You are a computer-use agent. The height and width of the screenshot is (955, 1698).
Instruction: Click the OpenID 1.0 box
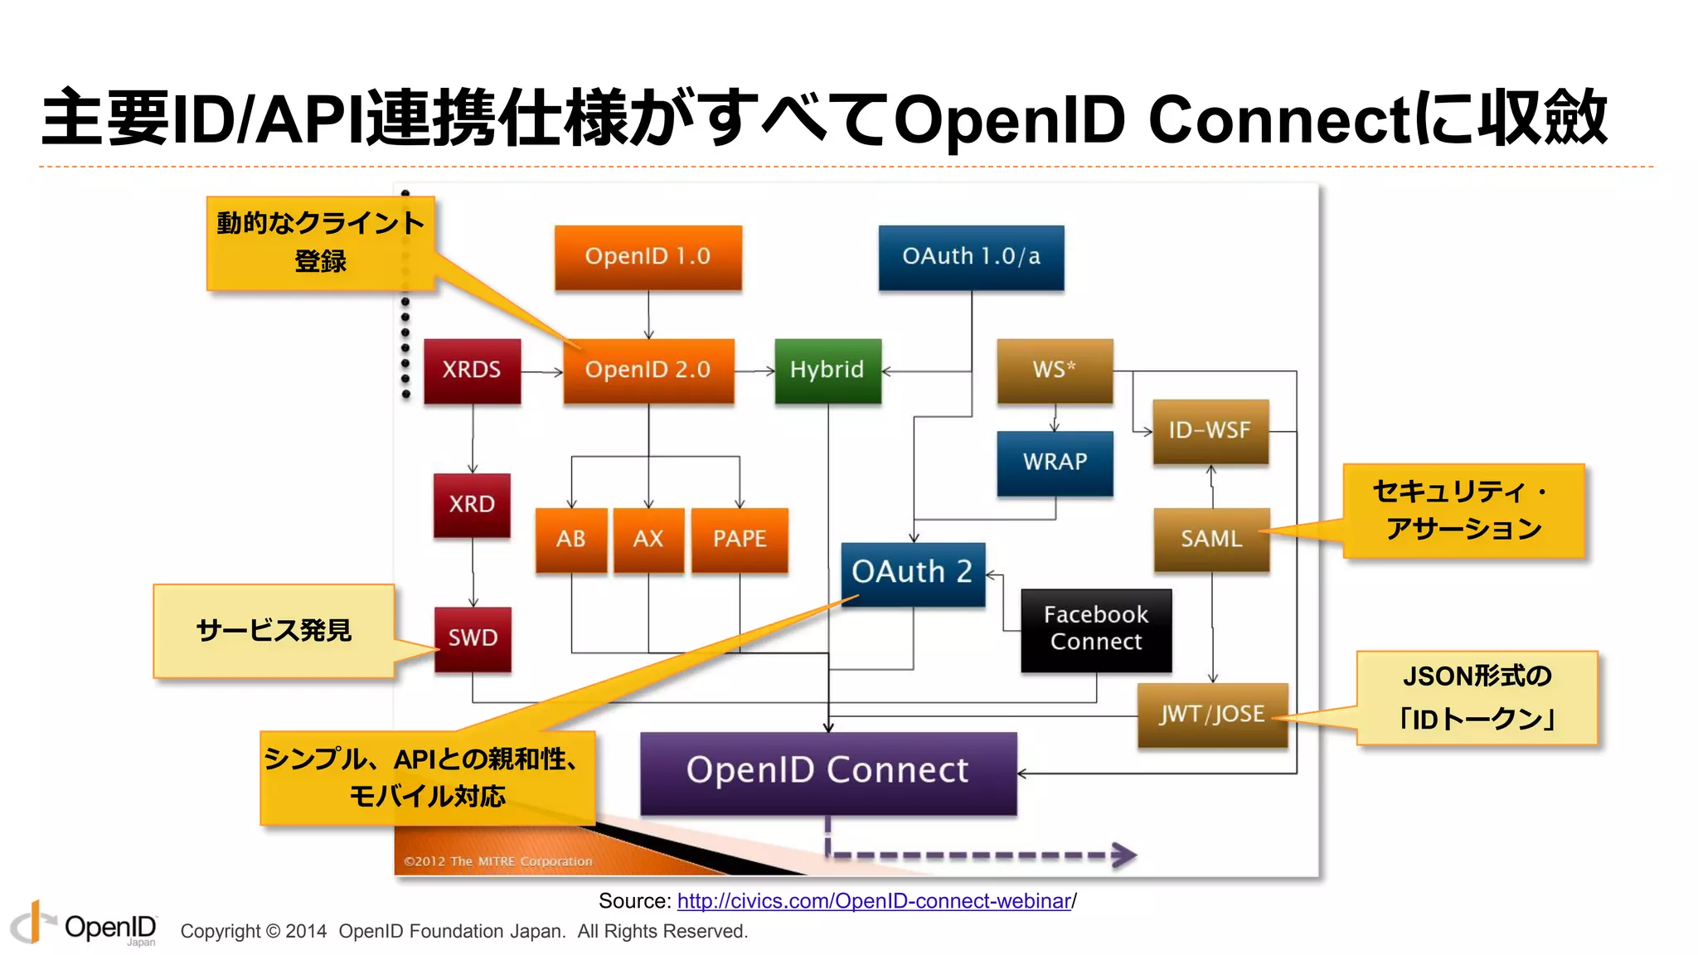coord(648,257)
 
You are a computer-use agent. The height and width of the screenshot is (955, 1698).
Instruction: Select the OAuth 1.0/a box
coord(971,257)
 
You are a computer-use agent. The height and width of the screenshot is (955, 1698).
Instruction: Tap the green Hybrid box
coord(827,370)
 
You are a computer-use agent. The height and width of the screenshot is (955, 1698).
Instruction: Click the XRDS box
coord(472,370)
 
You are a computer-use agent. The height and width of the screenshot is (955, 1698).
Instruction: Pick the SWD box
coord(473,638)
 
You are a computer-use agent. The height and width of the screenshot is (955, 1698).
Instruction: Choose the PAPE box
coord(740,540)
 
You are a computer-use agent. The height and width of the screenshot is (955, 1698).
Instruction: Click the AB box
coord(571,540)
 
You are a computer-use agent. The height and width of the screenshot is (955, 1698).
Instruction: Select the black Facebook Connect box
coord(1096,629)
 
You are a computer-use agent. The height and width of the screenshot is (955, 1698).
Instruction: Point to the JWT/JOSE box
coord(1212,715)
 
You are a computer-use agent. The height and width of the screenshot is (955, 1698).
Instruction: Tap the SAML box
coord(1211,540)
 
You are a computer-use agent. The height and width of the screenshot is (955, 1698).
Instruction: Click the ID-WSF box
coord(1210,431)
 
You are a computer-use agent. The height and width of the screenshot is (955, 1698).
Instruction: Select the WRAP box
coord(1055,463)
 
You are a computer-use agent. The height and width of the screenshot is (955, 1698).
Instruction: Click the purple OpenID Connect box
coord(827,772)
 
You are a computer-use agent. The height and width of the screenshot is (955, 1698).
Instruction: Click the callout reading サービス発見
coord(274,631)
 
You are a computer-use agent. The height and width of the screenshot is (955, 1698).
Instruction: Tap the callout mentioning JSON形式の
coord(1477,697)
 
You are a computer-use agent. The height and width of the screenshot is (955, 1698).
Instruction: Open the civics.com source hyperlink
coord(874,901)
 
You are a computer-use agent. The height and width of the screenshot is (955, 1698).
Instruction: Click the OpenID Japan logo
coord(83,924)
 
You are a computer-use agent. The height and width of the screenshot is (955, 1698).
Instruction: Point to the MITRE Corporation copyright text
coord(497,861)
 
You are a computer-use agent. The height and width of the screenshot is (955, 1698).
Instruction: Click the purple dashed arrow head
coord(1124,855)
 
